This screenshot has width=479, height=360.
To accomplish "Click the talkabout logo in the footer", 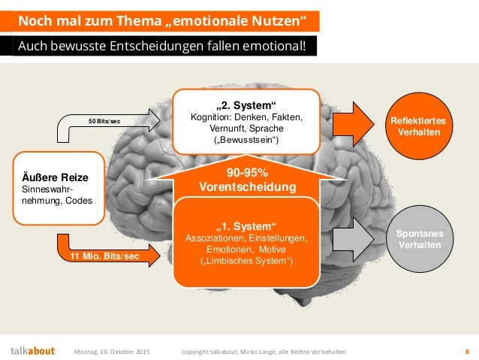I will [x=32, y=350].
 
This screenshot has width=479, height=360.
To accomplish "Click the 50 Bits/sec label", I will [x=105, y=120].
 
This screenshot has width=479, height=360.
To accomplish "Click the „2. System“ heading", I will [x=246, y=104].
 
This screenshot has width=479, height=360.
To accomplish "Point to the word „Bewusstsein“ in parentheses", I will [x=246, y=141].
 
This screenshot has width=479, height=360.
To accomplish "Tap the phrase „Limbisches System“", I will [x=246, y=261].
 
